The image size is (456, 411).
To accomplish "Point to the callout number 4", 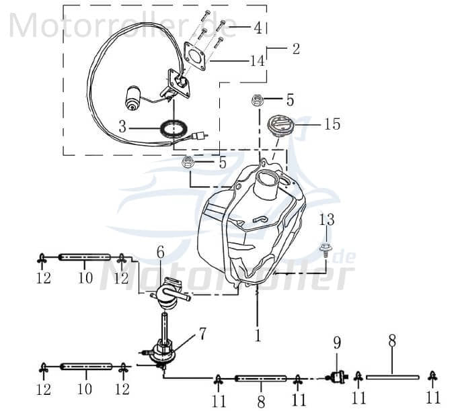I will tap(258, 28).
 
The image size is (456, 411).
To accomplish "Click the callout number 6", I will tap(160, 253).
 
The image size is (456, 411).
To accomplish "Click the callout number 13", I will tap(326, 220).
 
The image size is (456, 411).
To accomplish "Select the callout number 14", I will tap(257, 60).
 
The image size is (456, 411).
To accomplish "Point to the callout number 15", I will tap(332, 124).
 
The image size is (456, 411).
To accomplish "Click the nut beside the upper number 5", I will tap(257, 101).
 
